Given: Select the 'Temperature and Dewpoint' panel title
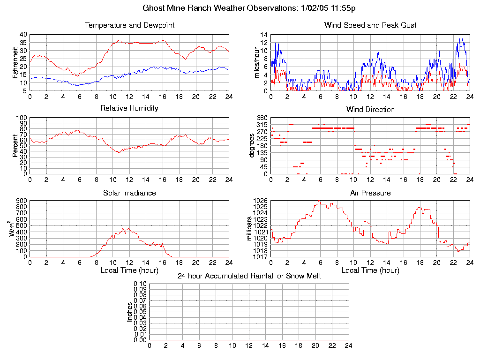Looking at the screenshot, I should click(129, 25).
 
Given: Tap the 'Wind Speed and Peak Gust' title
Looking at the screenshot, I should click(370, 25).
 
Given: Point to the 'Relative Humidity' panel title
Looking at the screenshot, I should click(129, 108).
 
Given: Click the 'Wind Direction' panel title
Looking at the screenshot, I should click(370, 110).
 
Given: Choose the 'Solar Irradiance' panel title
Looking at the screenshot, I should click(129, 193).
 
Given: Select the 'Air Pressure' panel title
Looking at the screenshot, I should click(370, 193).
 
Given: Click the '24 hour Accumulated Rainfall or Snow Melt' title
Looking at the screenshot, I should click(249, 276).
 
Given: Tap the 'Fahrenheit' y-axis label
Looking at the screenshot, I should click(15, 62).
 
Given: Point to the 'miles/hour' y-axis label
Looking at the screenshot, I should click(256, 62).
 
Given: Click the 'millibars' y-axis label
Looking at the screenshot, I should click(250, 229).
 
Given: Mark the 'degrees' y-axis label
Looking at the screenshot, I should click(252, 146).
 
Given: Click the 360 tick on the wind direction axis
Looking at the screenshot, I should click(262, 118).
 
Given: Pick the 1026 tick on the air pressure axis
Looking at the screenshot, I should click(261, 201).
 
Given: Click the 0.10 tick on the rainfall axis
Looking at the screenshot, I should click(140, 284).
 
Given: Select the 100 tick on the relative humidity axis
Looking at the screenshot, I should click(22, 118).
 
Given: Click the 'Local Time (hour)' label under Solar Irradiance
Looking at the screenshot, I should click(129, 270).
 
